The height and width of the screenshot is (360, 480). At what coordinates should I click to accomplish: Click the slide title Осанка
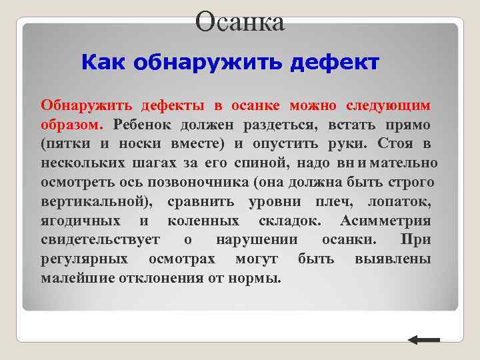pos(240,21)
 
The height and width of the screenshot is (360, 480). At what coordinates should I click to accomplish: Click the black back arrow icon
pos(423,340)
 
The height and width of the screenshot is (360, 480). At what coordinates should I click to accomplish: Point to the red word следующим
pos(388,105)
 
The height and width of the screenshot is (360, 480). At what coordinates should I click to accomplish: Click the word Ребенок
pos(143,125)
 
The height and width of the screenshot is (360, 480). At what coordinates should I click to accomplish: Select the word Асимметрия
pos(385,221)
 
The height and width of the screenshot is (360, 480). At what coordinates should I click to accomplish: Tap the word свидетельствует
pos(101,240)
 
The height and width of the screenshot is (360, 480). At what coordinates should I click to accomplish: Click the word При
pos(415,240)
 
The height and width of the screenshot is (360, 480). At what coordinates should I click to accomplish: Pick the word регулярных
pos(83,259)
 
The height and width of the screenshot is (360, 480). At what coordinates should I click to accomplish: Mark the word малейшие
pos(77,279)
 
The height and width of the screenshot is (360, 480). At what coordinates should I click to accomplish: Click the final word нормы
pos(259,279)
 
